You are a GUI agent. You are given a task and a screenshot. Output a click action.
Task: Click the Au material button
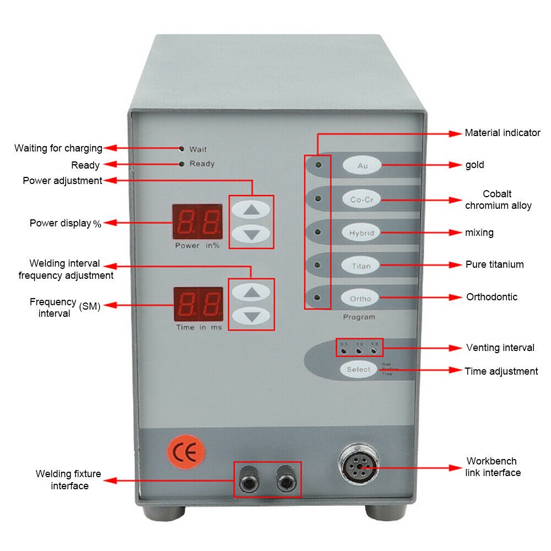click(362, 165)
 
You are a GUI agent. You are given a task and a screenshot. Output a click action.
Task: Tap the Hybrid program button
click(361, 233)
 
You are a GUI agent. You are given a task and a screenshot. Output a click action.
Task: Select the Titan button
click(361, 266)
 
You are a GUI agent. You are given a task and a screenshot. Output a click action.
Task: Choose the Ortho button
click(361, 299)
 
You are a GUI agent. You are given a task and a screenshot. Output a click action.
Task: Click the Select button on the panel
click(359, 369)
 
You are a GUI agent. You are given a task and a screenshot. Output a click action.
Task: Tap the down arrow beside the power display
click(251, 234)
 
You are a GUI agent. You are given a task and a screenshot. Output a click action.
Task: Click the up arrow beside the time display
click(251, 292)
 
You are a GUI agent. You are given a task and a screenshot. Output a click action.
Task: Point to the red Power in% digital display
click(197, 222)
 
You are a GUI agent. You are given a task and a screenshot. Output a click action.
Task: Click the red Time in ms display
click(198, 304)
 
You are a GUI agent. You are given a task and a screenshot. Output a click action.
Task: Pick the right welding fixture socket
click(285, 479)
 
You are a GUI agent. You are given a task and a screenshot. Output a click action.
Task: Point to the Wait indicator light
click(182, 149)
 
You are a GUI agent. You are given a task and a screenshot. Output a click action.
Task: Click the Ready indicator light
click(182, 164)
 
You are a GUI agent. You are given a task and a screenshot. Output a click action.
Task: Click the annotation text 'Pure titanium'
click(495, 264)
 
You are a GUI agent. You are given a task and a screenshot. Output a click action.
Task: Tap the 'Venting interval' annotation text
click(500, 348)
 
